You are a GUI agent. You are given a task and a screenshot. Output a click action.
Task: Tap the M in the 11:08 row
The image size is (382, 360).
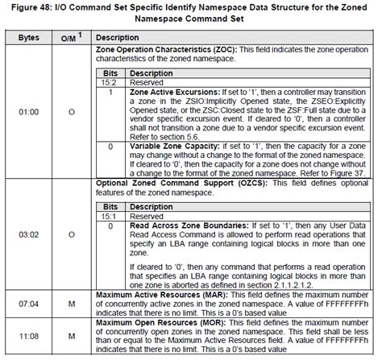click(71, 333)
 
